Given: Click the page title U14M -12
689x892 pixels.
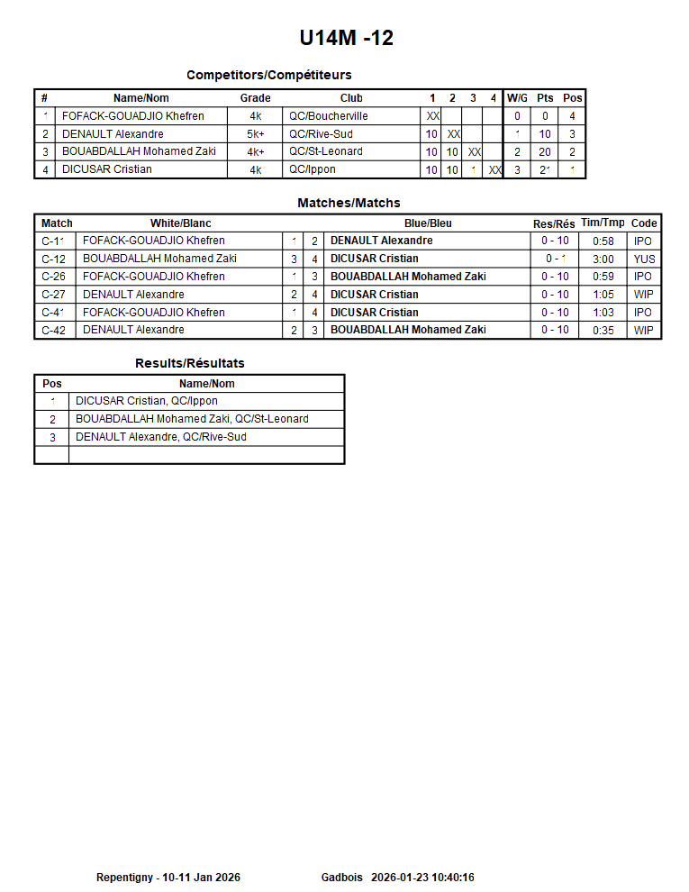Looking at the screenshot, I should [346, 38].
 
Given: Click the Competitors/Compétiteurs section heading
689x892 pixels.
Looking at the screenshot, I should [268, 75].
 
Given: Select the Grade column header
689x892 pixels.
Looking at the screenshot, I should [255, 98].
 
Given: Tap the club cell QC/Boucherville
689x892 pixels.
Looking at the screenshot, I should [328, 116].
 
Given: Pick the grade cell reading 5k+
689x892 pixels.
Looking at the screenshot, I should [255, 134].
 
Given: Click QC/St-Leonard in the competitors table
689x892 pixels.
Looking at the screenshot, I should [325, 151].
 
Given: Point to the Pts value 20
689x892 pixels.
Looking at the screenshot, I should [545, 152].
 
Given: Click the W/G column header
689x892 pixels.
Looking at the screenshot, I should [517, 98].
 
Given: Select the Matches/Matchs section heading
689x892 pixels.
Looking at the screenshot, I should [349, 204].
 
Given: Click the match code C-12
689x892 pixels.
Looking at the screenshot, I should [53, 259].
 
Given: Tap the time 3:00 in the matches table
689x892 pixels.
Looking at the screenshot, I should [603, 259].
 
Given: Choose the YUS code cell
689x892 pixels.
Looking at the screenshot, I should [644, 259].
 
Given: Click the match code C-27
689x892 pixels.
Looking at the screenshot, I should [53, 295].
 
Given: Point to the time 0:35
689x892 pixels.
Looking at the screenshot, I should [603, 331].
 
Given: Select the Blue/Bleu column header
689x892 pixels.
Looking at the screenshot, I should [428, 223].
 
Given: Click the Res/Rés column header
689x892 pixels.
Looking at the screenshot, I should [554, 223].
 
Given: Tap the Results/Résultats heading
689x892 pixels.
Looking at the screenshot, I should [189, 363].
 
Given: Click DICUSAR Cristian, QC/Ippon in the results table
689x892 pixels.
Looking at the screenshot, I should [146, 401].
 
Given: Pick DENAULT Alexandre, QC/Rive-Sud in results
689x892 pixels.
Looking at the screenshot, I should [160, 437].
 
